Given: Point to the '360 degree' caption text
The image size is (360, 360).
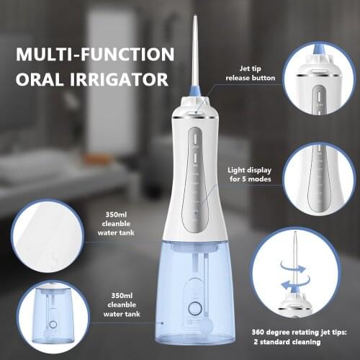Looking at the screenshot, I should tap(276, 331).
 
